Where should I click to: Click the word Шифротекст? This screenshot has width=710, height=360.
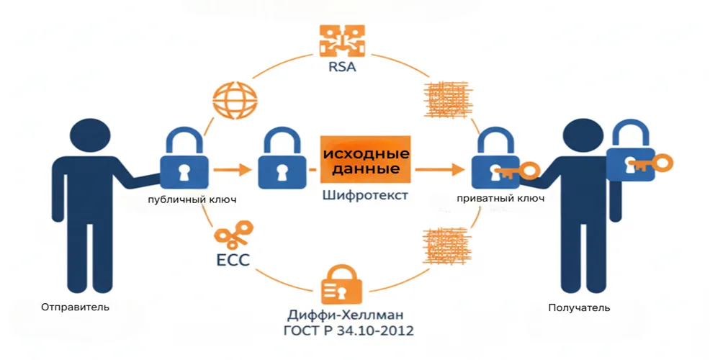point(366,196)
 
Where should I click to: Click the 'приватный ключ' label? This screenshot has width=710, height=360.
point(500,199)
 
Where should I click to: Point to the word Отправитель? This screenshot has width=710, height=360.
point(75,307)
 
